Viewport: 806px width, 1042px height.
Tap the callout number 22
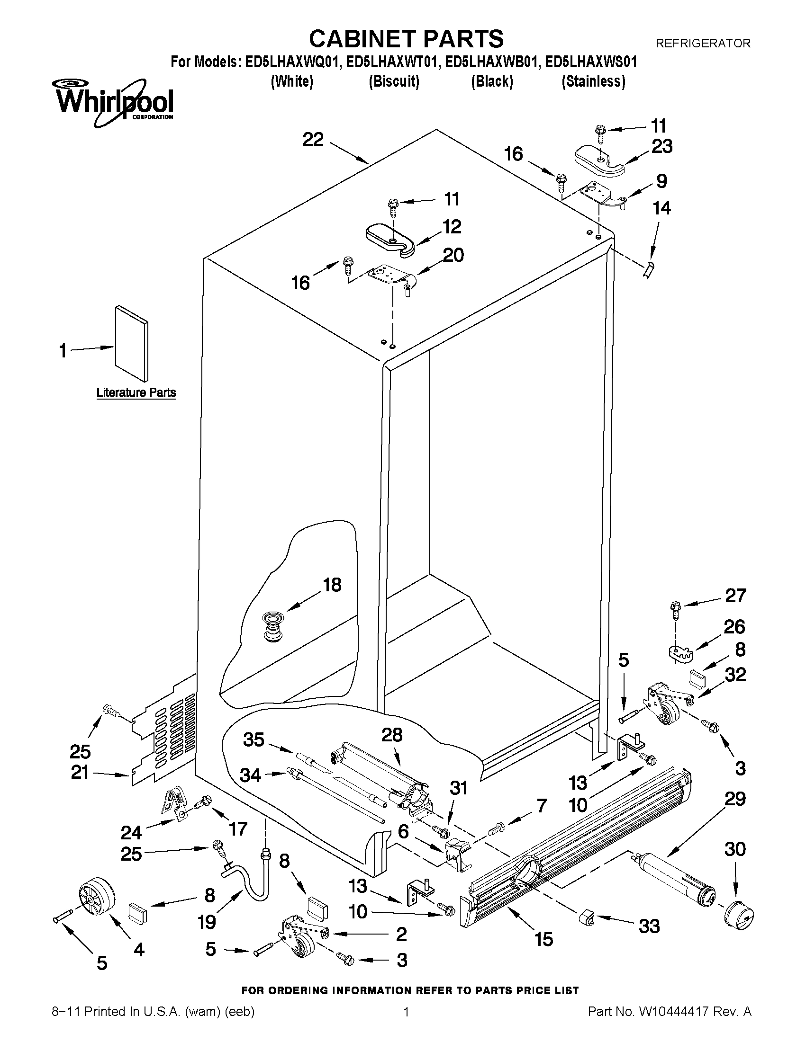(313, 140)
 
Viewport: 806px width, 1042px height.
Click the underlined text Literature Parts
(136, 392)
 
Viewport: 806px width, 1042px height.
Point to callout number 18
(332, 585)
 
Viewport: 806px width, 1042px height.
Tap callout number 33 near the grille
(649, 926)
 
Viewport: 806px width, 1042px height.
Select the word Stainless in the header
(593, 81)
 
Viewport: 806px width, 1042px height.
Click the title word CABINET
(362, 38)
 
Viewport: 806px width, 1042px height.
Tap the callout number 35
(254, 739)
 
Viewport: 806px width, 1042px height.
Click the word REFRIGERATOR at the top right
(703, 44)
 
